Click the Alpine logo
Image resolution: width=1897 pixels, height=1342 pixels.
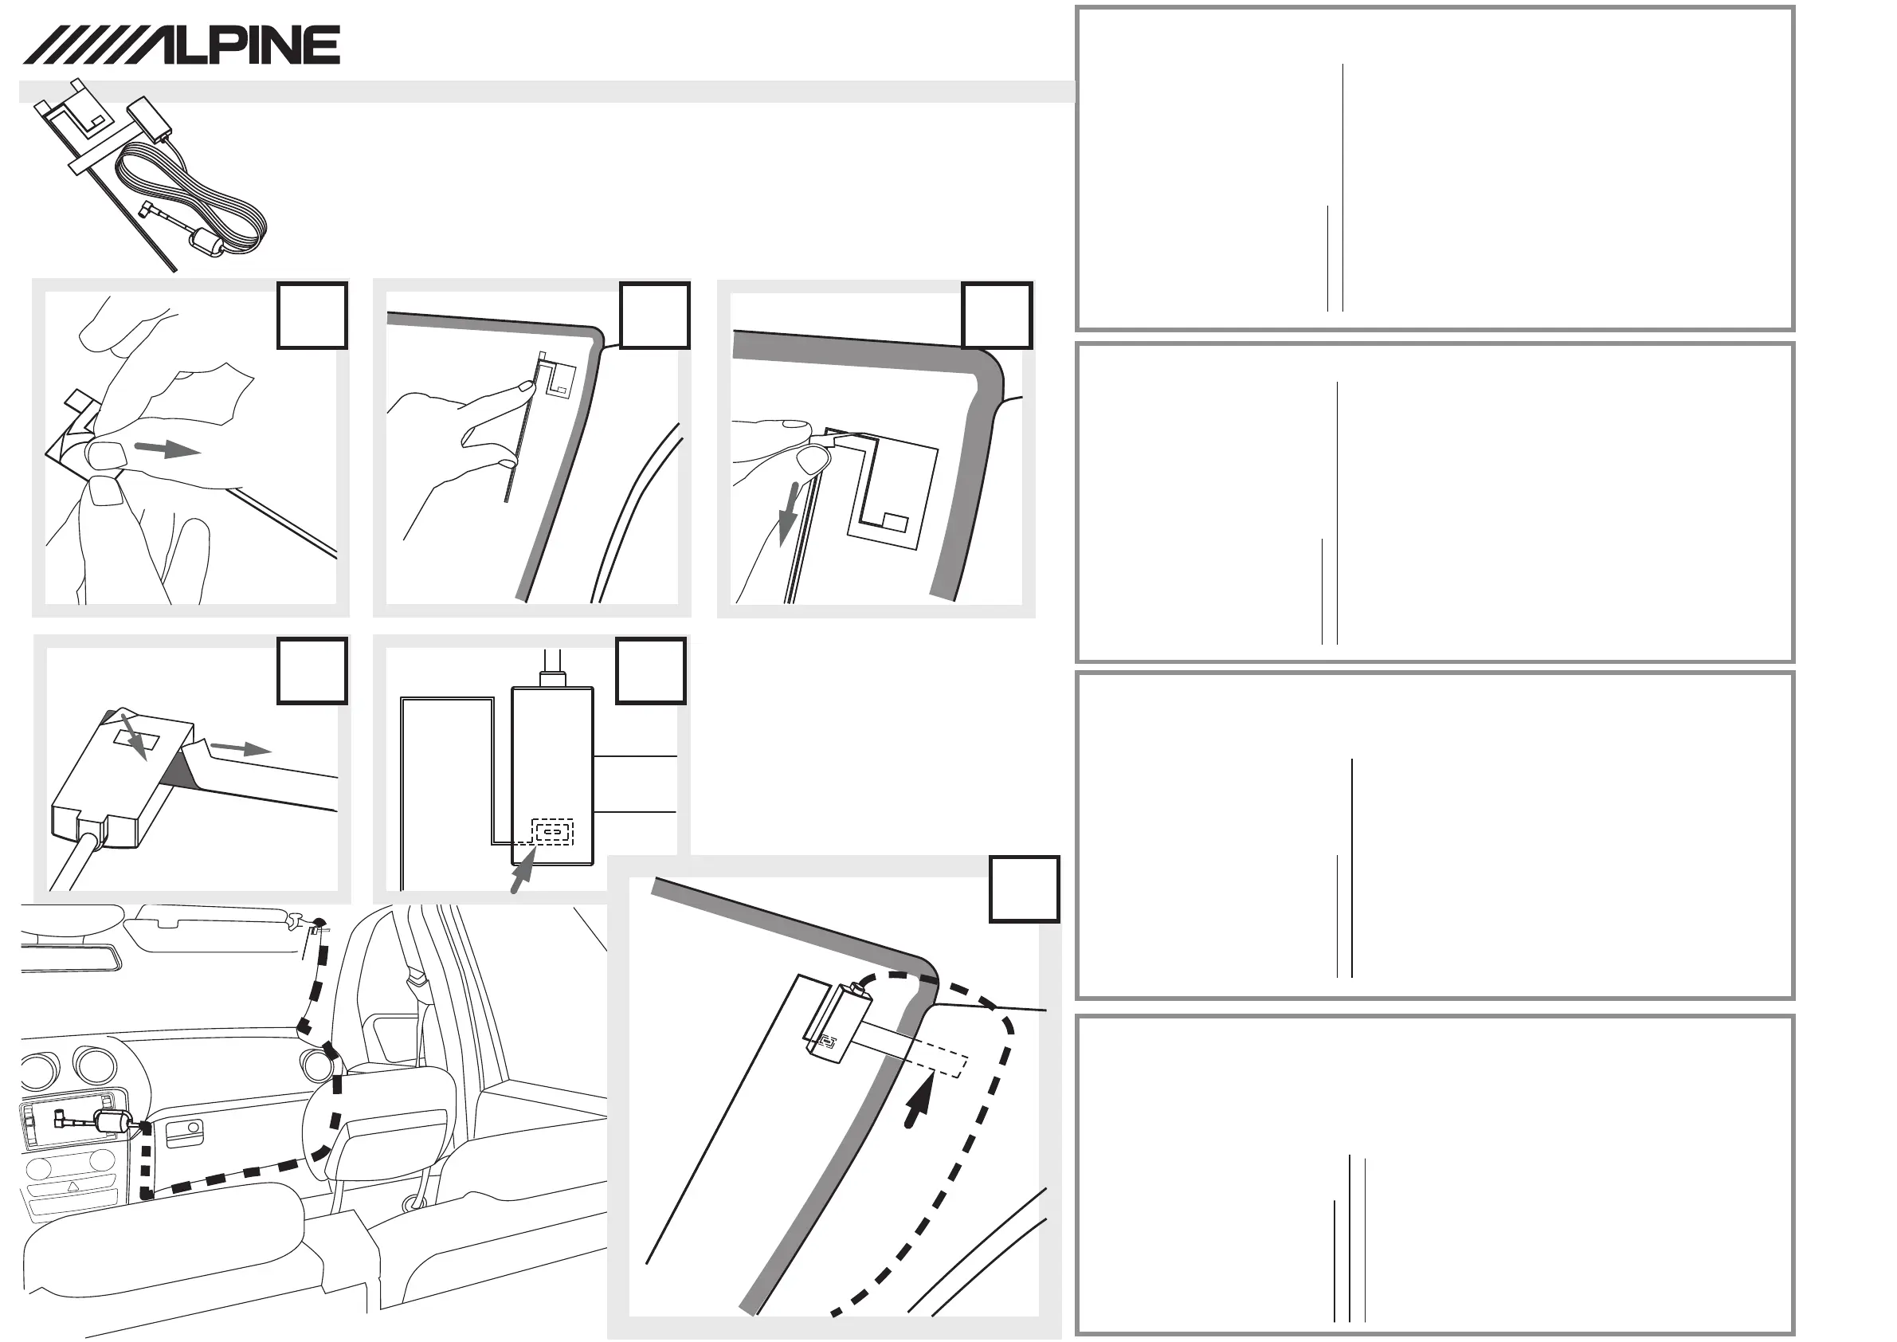(182, 45)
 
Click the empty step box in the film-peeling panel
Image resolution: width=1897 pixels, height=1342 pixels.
(312, 316)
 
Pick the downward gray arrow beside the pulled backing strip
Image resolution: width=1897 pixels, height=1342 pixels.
(790, 512)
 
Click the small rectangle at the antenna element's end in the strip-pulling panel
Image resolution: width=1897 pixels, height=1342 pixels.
(894, 522)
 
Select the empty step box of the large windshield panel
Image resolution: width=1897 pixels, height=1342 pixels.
(1024, 889)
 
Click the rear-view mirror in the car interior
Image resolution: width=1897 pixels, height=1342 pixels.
(70, 959)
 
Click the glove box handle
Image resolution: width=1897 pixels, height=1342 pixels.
(184, 1135)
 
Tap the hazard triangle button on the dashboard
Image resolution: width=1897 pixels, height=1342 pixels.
(72, 1187)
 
